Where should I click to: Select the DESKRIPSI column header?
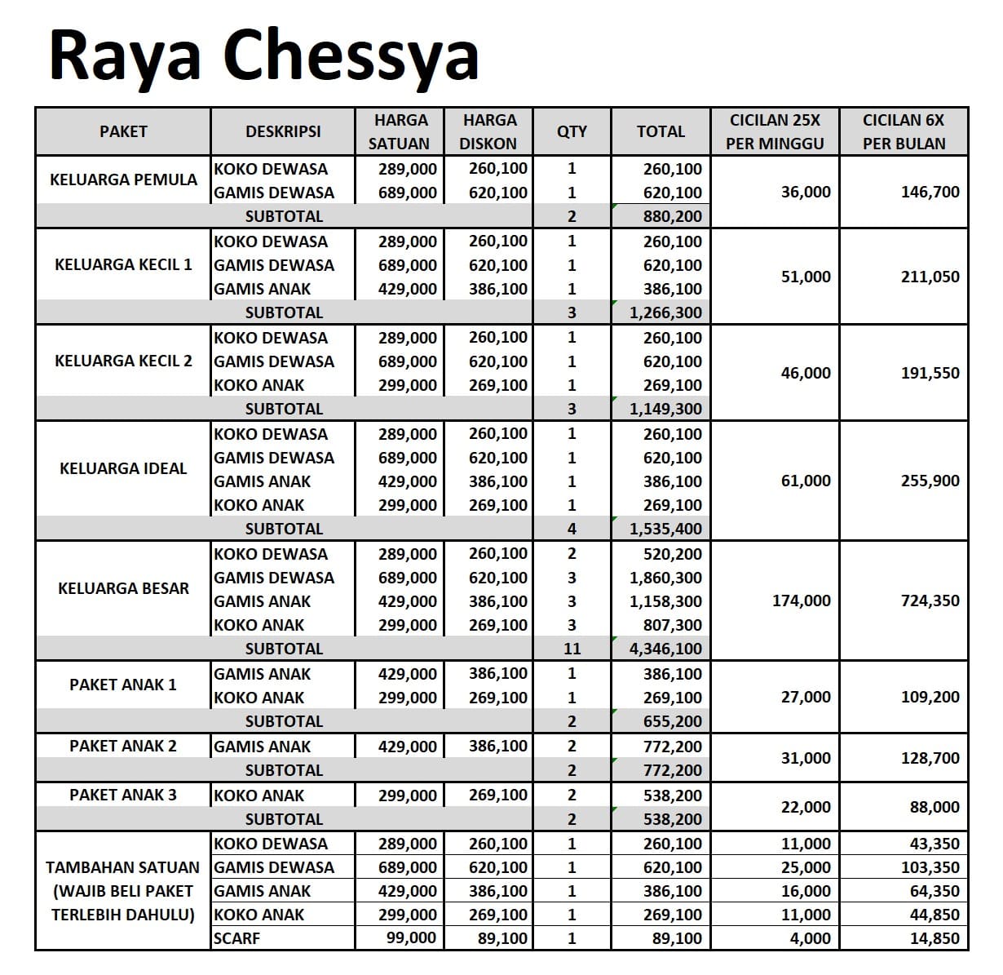pos(283,131)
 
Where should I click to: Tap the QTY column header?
pos(572,131)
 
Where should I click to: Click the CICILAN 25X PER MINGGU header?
pos(775,131)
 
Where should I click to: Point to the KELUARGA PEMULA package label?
pos(123,179)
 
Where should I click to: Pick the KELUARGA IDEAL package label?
pos(123,468)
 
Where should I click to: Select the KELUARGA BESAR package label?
pos(123,588)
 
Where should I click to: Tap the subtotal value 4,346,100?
pos(665,649)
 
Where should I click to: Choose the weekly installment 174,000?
pos(802,601)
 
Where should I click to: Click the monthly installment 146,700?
pos(930,193)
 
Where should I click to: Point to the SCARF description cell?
pos(237,938)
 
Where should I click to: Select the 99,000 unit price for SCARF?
pos(411,938)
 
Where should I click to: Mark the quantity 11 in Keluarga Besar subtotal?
pos(572,649)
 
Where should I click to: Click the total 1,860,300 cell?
pos(665,578)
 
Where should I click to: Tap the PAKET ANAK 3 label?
pos(123,795)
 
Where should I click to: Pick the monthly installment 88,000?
pos(935,807)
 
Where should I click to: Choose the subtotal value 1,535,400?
pos(665,529)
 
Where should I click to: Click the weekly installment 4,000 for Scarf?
pos(810,938)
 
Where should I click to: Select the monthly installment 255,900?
pos(930,481)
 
